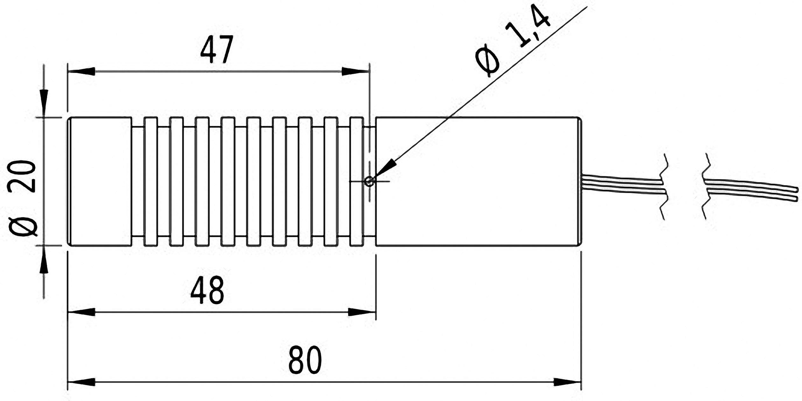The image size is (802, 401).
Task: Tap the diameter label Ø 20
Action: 22,198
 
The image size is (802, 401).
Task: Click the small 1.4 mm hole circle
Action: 369,181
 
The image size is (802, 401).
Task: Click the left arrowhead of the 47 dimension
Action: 81,71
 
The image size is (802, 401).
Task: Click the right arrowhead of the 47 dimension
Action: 355,71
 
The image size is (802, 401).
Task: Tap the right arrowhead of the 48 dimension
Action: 361,312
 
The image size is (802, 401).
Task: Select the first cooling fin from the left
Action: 151,181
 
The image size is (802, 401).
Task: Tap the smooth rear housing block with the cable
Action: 477,181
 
